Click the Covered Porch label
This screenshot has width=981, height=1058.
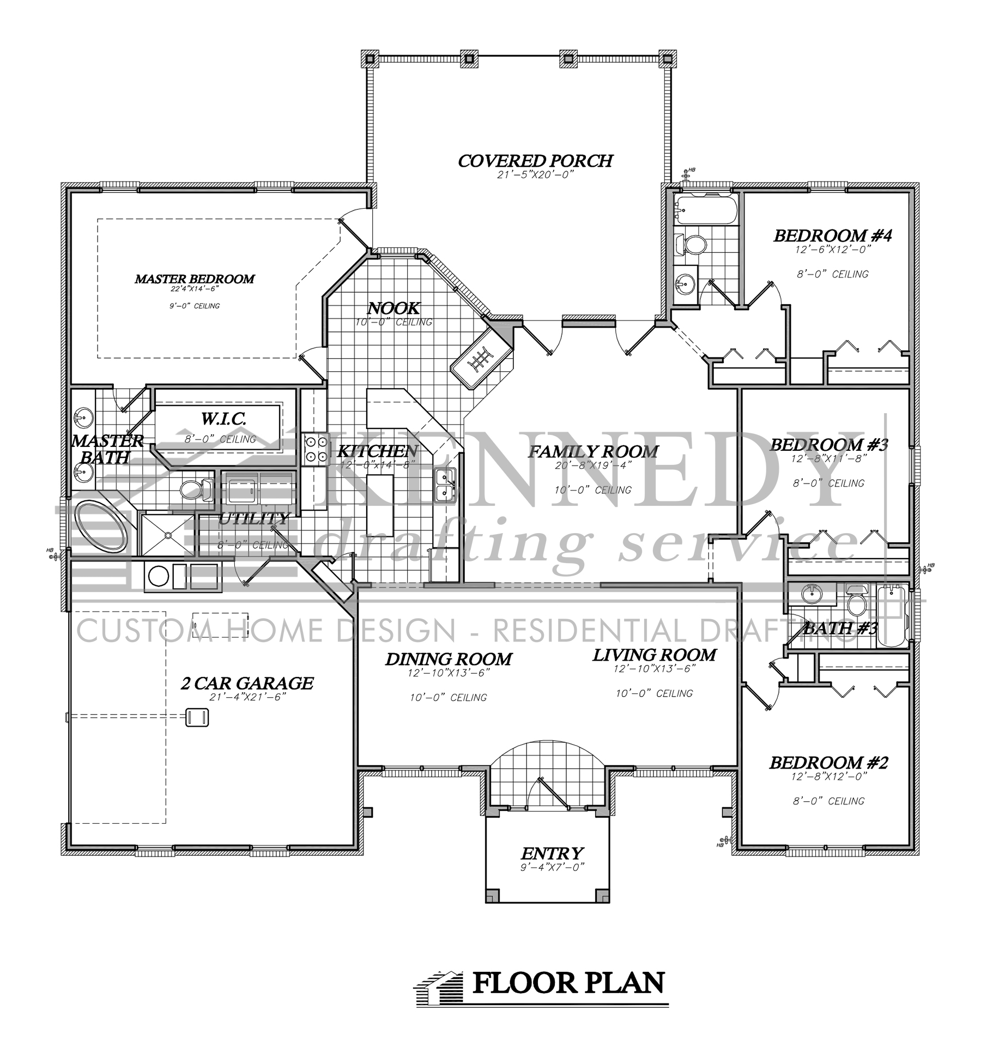(x=535, y=161)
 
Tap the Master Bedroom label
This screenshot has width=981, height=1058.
(x=195, y=279)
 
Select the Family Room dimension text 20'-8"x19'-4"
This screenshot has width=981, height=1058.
(x=592, y=467)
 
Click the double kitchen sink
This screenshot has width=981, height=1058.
(x=445, y=485)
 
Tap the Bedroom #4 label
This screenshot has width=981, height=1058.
(x=832, y=236)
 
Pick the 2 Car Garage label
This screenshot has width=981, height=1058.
(x=247, y=683)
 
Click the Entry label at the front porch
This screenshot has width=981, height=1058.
(x=552, y=853)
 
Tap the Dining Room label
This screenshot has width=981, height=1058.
(x=449, y=660)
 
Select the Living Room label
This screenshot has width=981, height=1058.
(x=654, y=655)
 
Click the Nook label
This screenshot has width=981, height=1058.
(x=393, y=309)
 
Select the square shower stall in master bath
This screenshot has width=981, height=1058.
(x=168, y=534)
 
